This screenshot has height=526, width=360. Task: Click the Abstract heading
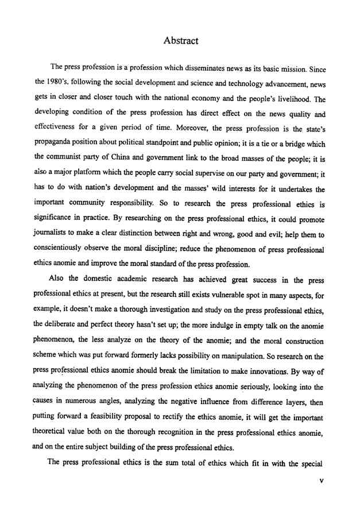(181, 40)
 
